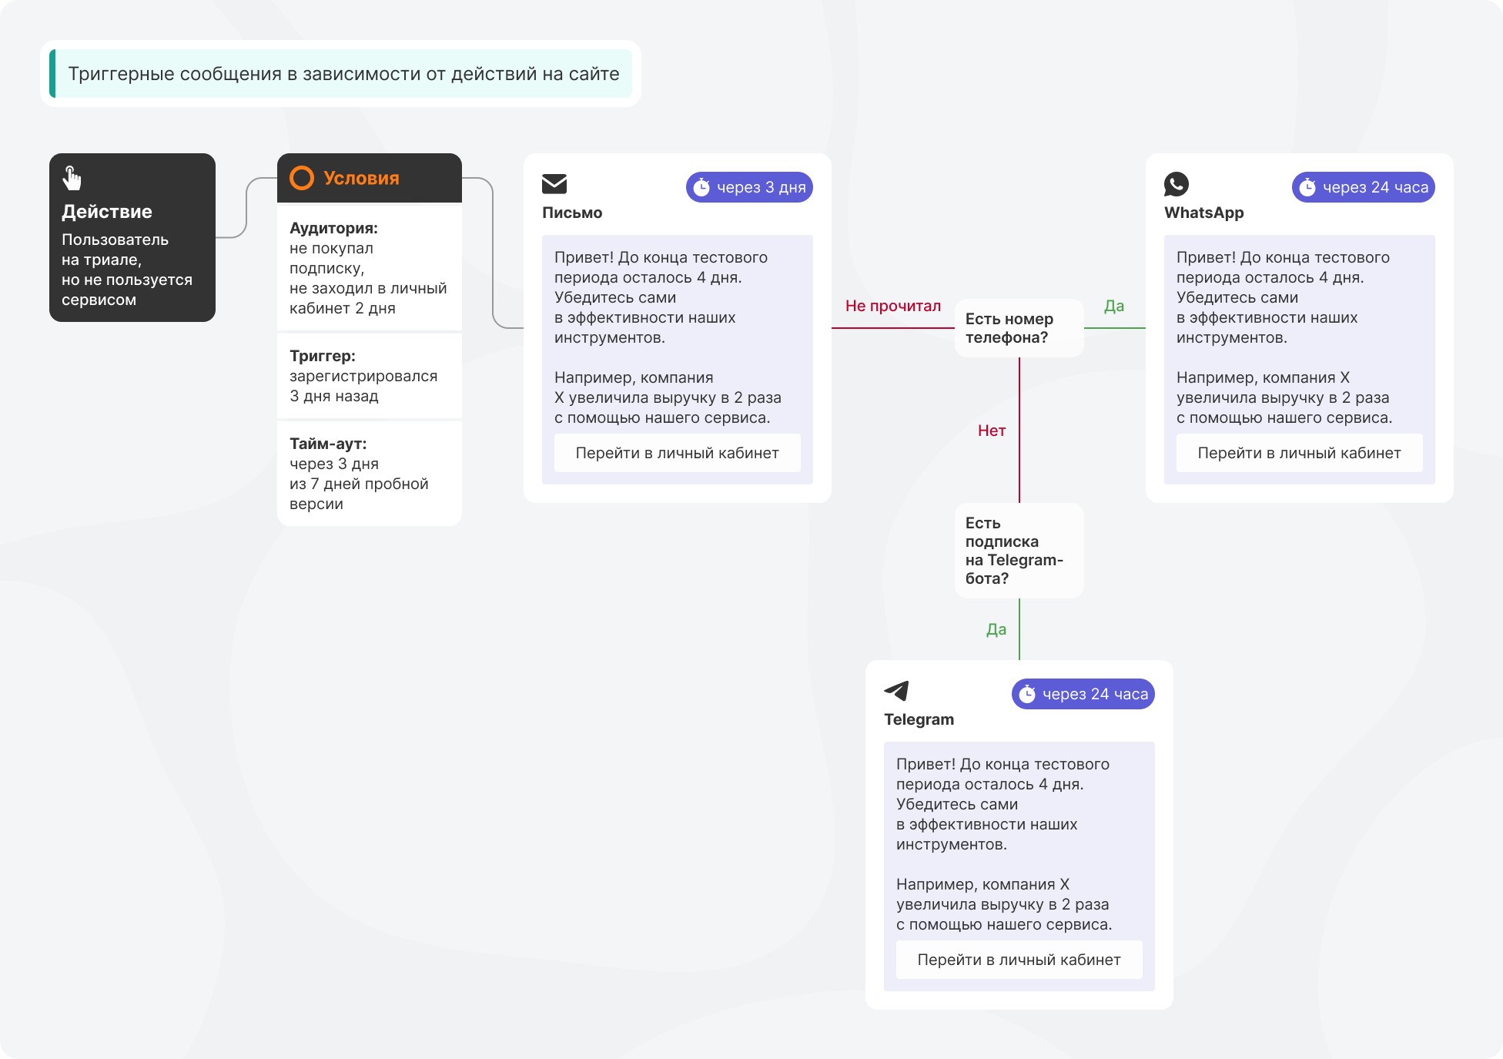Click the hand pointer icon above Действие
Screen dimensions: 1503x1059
(72, 178)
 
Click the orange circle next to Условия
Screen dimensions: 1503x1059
(302, 178)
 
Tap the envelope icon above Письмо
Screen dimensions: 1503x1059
(554, 184)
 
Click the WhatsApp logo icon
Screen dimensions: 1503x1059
(1177, 184)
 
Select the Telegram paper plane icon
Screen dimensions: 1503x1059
(897, 691)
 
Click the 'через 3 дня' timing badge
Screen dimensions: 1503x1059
(749, 187)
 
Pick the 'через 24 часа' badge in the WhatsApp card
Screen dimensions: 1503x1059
(1364, 187)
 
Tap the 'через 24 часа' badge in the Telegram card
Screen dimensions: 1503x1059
(1083, 694)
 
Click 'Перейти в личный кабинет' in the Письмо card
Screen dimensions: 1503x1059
(678, 453)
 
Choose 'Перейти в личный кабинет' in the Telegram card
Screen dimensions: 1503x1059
(1019, 960)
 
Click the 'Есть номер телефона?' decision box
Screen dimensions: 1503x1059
(1019, 328)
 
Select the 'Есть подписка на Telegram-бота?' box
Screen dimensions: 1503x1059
(1019, 551)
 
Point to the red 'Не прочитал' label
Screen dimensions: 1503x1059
(893, 306)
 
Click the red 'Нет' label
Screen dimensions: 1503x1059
(992, 431)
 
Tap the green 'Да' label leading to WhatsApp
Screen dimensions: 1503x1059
(1114, 306)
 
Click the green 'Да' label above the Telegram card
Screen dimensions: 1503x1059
(996, 629)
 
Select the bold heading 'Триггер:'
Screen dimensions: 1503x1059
(323, 356)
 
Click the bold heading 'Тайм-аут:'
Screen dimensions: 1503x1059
(328, 444)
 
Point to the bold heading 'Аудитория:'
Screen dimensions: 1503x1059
(333, 228)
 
